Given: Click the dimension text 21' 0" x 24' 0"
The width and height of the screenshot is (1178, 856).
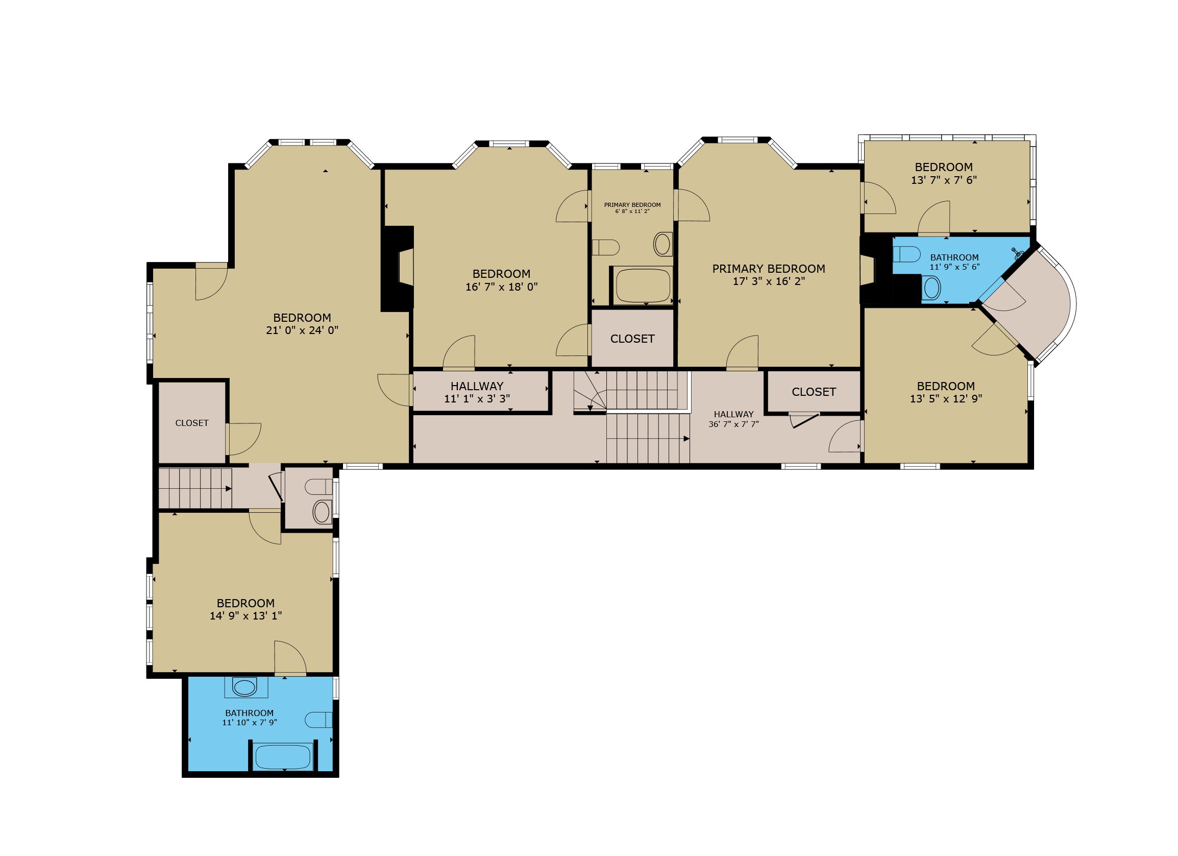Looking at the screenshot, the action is pos(302,330).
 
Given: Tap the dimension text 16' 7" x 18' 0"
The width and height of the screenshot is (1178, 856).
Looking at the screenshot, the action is pos(501,287).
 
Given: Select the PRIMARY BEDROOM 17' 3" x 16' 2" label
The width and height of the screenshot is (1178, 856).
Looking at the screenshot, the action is pos(769,275).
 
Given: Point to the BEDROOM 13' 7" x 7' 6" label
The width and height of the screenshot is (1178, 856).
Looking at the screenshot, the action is pos(944,174).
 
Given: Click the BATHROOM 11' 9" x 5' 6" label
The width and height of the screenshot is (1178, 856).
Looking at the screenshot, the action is pos(954,262).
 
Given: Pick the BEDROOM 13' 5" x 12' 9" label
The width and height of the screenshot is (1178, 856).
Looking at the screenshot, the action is pos(946,392).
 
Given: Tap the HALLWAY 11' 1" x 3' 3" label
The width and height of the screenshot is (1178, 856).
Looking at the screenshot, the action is pos(477,392).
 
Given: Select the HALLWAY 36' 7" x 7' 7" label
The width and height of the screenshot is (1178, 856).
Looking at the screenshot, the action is pos(733,419).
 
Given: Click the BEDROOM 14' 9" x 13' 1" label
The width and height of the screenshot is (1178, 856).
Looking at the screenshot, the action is pos(246,609).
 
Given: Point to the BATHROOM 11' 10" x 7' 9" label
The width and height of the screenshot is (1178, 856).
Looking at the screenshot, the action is pos(249,717).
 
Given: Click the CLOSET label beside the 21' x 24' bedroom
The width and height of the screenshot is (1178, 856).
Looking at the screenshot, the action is pos(192,423).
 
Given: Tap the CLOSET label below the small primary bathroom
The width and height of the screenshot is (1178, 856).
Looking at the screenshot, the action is pos(632,339).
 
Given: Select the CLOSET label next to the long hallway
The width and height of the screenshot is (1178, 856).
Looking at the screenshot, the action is pos(814,392).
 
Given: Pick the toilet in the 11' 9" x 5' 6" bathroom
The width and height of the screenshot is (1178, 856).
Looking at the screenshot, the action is pos(906,255).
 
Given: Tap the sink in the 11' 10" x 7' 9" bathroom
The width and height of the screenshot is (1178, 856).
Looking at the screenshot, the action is pos(245,687).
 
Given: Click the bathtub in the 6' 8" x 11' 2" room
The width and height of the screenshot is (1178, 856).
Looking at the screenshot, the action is pos(643,285).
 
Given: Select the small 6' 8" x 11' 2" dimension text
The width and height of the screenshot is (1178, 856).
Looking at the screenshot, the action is pos(632,211).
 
